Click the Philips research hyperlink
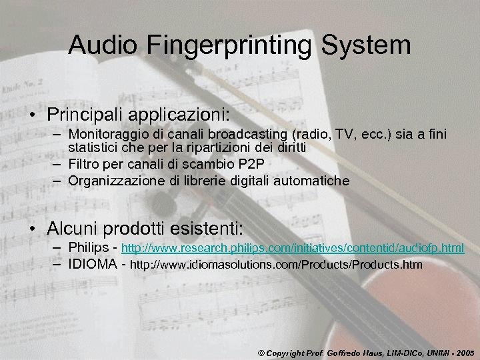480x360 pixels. point(292,248)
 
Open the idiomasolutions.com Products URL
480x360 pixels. point(276,265)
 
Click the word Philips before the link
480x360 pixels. point(89,247)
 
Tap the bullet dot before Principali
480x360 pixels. point(32,109)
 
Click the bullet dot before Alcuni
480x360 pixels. point(32,229)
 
